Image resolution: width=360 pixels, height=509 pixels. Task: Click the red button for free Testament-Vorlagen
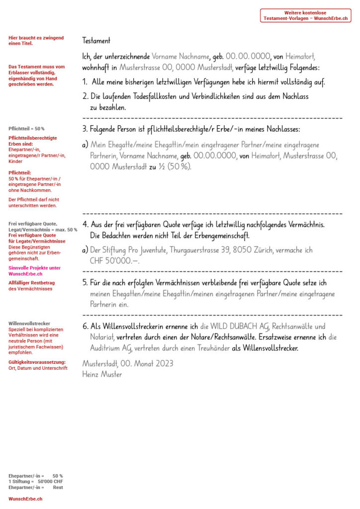305,15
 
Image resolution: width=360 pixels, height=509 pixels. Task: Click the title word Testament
96,41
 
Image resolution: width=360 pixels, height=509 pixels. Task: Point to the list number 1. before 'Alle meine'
86,82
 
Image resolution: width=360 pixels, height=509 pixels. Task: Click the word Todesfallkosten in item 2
144,96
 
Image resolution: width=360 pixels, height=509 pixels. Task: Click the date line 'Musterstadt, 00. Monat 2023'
128,363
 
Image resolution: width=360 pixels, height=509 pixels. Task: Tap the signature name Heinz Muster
102,374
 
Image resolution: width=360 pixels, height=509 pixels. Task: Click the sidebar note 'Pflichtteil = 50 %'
26,129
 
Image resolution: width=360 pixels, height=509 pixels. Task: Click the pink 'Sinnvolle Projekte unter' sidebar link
35,268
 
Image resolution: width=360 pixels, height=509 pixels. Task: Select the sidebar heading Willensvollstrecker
29,324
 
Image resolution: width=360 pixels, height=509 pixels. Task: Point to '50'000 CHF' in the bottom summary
50,482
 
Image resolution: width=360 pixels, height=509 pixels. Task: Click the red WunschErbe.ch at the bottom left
25,499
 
